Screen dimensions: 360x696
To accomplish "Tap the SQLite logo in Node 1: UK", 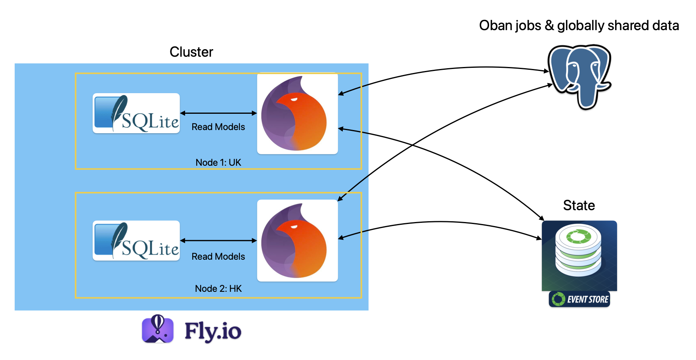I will (136, 113).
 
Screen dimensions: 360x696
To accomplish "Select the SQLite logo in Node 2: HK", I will (136, 241).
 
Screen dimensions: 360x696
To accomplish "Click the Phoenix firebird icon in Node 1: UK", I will (297, 114).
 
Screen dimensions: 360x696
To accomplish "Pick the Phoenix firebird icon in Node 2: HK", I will (297, 241).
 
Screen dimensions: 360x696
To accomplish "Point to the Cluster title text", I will (191, 52).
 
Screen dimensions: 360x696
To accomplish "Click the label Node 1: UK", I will (218, 163).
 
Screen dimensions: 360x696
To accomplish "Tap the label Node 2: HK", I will (218, 289).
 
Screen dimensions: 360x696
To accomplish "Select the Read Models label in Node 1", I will (218, 127).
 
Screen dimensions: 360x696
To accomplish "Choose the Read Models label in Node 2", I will (218, 257).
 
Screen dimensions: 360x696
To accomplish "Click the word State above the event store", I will (579, 205).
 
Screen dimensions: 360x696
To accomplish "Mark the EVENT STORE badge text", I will (588, 299).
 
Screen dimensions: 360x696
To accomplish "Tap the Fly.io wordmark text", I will (213, 331).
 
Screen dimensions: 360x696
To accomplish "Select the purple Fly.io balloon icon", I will (158, 329).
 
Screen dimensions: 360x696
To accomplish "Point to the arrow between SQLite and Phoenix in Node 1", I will (218, 113).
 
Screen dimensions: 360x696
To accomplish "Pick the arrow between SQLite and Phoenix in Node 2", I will (218, 241).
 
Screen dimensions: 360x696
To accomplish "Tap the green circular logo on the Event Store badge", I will (558, 299).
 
